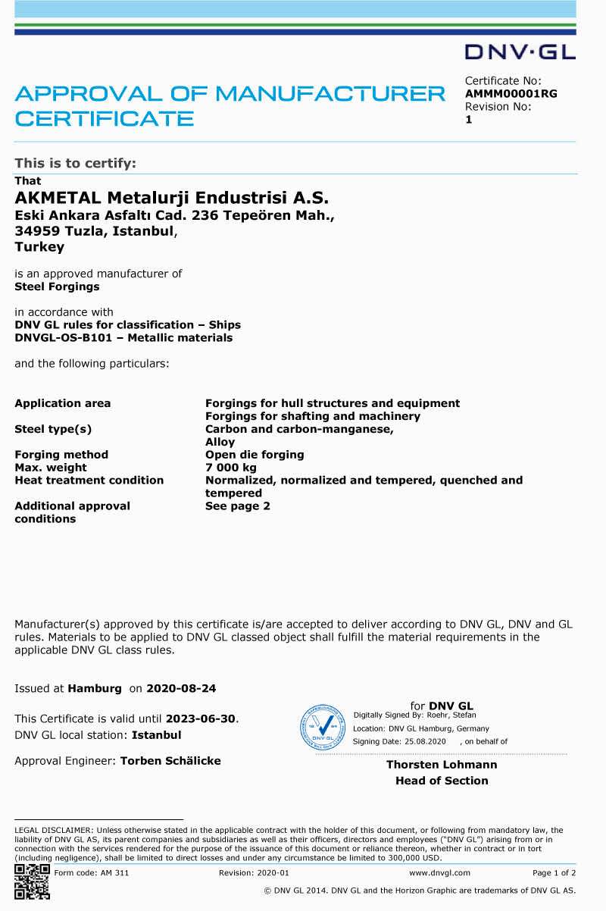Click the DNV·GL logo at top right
coord(520,52)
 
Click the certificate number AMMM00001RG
coord(511,94)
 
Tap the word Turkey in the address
coord(39,247)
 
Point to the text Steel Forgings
coord(57,286)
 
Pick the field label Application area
coord(63,403)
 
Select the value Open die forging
coord(255,455)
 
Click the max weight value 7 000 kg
coord(231,468)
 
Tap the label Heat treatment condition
coord(89,481)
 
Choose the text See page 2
coord(238,506)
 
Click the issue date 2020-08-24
coord(181,689)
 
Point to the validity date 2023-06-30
coord(201,718)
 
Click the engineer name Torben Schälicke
coord(170,761)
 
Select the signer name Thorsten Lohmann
coord(442,765)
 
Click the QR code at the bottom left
coord(32,881)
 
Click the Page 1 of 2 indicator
coord(554,873)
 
